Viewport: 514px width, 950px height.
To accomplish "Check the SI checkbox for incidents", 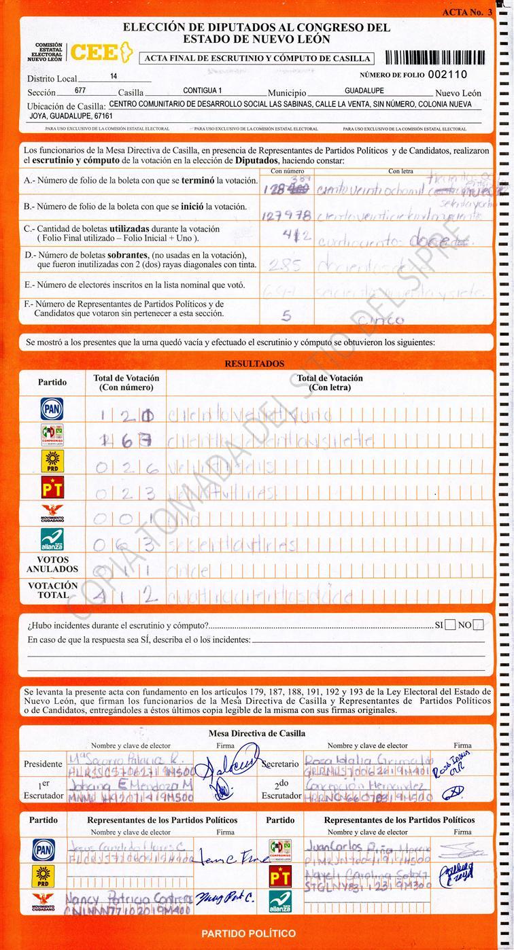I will (449, 625).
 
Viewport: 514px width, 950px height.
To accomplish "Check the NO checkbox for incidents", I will (479, 625).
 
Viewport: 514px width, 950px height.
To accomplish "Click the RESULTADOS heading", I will (254, 364).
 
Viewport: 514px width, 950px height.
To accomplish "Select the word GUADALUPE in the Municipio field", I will (364, 90).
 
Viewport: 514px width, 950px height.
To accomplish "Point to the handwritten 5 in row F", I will (286, 315).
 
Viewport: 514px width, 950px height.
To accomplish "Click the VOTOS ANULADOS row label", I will (52, 564).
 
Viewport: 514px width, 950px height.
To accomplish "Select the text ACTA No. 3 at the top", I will (466, 12).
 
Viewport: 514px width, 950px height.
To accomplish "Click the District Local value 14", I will (113, 77).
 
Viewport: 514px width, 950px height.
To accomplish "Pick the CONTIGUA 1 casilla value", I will (203, 90).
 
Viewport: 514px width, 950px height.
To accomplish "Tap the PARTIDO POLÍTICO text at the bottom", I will (248, 933).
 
